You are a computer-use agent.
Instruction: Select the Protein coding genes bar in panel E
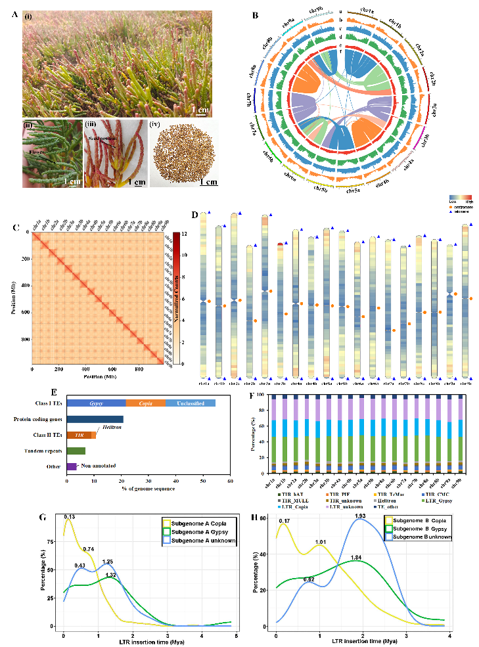(95, 419)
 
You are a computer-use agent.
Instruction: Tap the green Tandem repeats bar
(76, 451)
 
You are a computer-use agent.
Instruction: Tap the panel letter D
(195, 215)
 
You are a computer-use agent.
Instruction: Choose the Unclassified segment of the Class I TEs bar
(190, 403)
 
